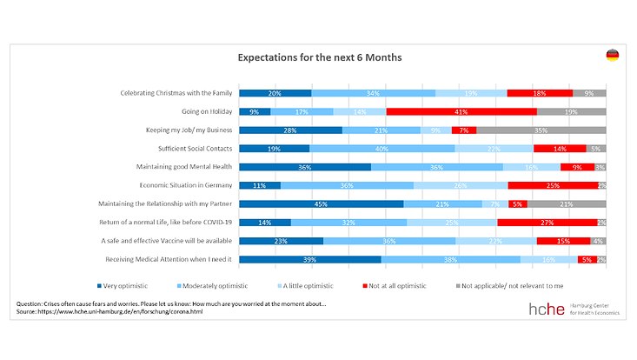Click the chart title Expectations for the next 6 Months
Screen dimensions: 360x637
[x=320, y=57]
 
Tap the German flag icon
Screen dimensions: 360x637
[x=612, y=56]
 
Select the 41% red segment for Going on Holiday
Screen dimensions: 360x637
[x=461, y=111]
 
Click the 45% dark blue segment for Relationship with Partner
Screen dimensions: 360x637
[x=321, y=203]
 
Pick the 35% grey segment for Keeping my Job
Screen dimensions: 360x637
[x=541, y=130]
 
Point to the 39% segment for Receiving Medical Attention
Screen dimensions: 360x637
[x=309, y=259]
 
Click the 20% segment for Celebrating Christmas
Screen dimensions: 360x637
[x=275, y=93]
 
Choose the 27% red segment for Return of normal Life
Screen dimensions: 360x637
[x=546, y=223]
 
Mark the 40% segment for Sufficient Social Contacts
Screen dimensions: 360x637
[x=382, y=149]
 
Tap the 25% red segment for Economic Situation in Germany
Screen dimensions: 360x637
[x=552, y=185]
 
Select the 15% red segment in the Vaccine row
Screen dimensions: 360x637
[x=563, y=241]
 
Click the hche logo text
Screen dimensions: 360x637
[x=547, y=310]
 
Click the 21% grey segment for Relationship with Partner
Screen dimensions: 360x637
[x=567, y=203]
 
